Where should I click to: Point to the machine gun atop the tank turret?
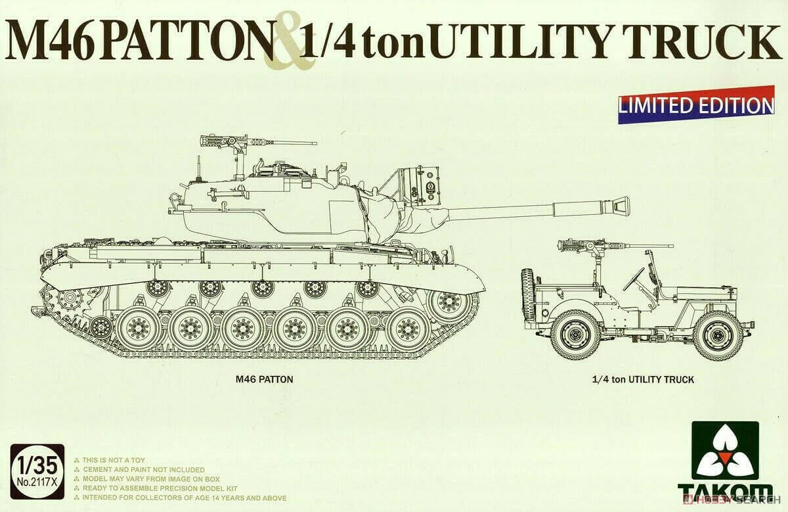click(227, 142)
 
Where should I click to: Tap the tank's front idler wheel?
click(450, 303)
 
